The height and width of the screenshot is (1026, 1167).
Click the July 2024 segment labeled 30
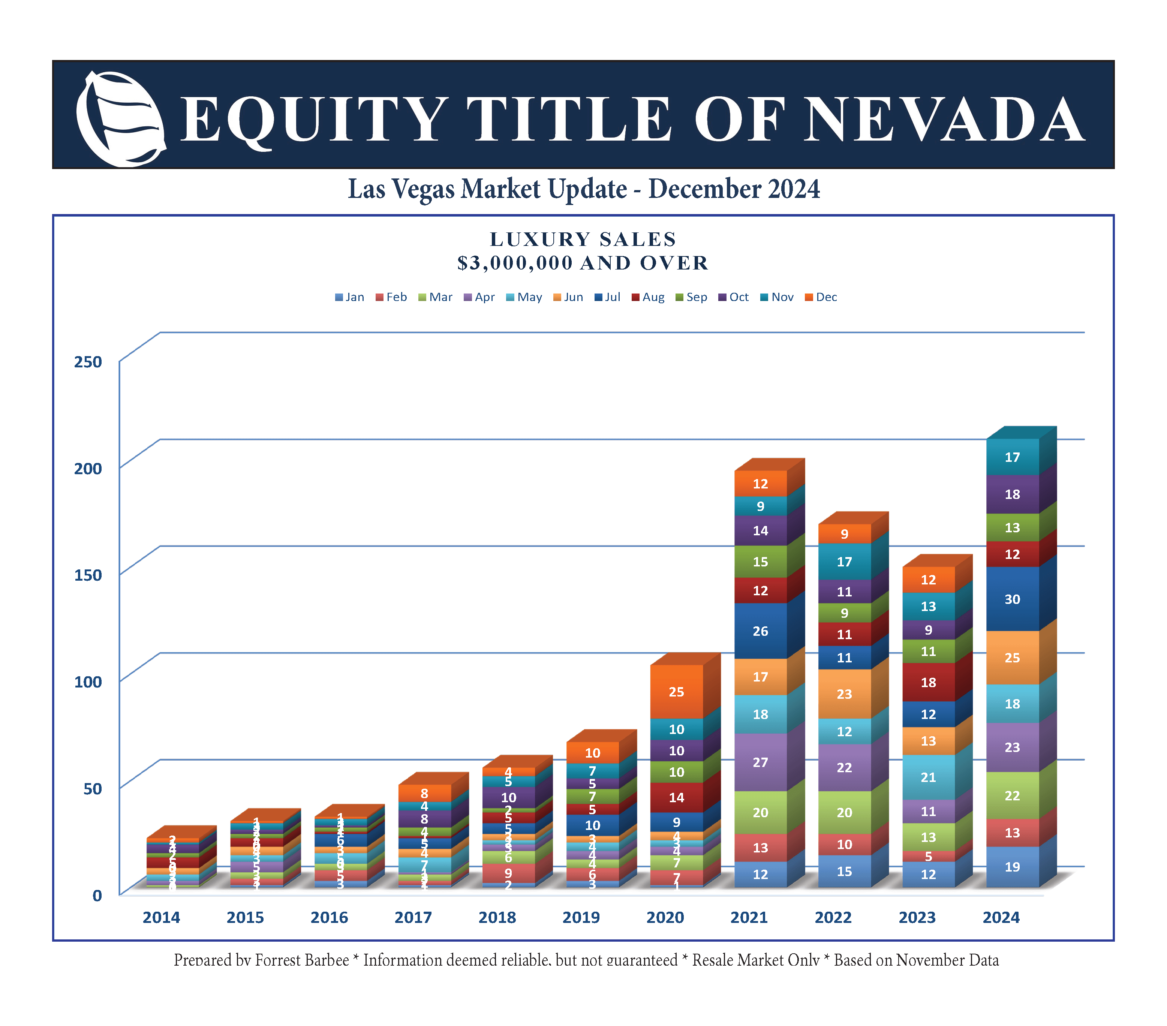tap(1012, 599)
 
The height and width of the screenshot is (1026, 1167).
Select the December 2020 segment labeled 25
tap(676, 691)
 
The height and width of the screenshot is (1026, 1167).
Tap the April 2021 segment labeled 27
tap(760, 762)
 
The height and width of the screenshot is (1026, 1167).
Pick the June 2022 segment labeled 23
tap(844, 694)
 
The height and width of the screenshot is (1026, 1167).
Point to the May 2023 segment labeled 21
tap(928, 777)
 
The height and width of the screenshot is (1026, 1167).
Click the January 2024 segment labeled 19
tap(1012, 867)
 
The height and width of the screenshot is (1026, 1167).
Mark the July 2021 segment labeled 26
tap(760, 631)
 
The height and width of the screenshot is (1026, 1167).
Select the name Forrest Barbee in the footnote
tap(301, 960)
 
